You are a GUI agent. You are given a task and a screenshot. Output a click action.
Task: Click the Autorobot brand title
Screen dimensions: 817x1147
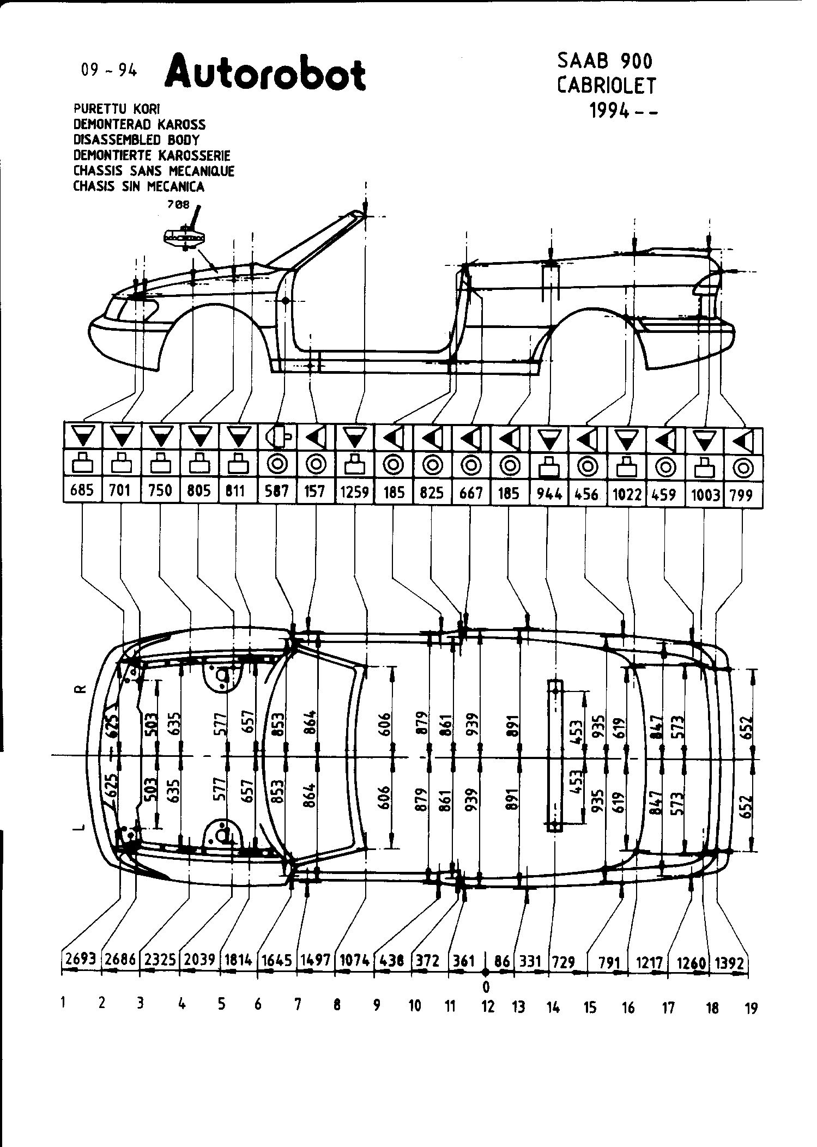(x=265, y=72)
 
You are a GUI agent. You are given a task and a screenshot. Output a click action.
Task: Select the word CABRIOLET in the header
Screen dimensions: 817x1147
(x=606, y=86)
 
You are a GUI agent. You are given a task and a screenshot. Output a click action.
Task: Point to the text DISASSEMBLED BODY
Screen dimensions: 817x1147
(x=136, y=139)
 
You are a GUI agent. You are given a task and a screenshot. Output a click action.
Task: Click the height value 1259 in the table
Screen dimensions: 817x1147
(x=355, y=493)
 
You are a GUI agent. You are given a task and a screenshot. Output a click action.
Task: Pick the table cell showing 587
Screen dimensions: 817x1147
(x=277, y=492)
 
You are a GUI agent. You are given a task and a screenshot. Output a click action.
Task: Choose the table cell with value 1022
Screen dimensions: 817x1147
(x=627, y=494)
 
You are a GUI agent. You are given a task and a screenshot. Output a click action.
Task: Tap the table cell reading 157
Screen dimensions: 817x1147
(x=314, y=492)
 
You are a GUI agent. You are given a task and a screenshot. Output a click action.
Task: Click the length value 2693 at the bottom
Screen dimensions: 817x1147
(x=81, y=960)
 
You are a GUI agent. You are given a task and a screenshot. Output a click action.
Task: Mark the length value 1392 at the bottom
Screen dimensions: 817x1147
(x=729, y=963)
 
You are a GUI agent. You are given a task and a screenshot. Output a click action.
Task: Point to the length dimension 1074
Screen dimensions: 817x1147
(x=355, y=960)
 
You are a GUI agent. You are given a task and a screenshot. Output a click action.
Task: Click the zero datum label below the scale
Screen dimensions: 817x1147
(x=486, y=986)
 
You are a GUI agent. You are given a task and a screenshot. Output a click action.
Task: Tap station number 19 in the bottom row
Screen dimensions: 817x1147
(x=751, y=1009)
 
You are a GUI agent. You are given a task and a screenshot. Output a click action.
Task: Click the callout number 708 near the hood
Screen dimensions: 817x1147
(x=179, y=205)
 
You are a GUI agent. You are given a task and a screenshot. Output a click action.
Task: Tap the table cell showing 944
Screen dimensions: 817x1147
(x=549, y=494)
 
